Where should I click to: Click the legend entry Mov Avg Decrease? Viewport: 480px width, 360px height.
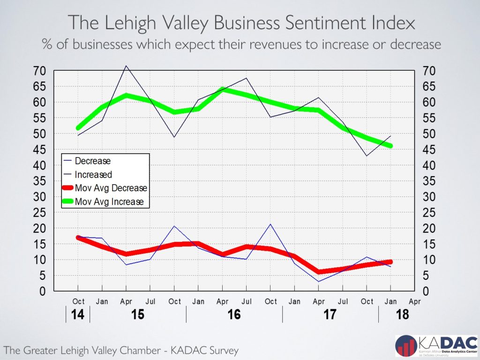point(111,188)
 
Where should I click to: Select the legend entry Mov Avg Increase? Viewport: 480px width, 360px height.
point(109,202)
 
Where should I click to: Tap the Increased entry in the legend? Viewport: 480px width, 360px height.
point(93,174)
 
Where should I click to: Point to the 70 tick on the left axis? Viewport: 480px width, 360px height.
point(40,71)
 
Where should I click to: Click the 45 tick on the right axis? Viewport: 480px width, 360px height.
point(430,150)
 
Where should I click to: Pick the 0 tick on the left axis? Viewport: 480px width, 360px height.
point(43,291)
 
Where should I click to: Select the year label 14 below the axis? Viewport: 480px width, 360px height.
point(78,314)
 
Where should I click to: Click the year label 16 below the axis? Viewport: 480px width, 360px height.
point(234,314)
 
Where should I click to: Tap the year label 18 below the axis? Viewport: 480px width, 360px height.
point(402,314)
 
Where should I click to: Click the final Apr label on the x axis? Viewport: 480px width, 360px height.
point(415,301)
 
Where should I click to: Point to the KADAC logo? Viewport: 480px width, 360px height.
point(435,346)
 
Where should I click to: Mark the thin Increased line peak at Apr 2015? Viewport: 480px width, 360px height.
point(126,66)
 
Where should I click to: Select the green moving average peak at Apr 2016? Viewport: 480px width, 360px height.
point(223,89)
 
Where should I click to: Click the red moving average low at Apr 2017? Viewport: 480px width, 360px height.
point(319,272)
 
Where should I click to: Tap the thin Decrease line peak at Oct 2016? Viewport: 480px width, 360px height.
point(271,224)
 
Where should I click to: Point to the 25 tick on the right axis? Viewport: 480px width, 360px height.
point(430,213)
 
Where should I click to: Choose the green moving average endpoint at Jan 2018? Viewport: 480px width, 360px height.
point(391,146)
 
